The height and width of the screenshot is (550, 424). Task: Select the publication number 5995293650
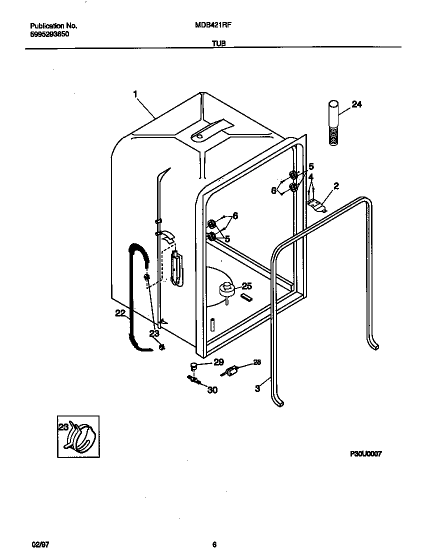[x=49, y=34]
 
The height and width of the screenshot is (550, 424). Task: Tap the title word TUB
[x=218, y=44]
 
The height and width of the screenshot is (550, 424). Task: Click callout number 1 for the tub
[x=135, y=93]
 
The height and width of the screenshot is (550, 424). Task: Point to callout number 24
[x=356, y=104]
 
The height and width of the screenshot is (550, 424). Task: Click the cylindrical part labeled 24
[x=334, y=123]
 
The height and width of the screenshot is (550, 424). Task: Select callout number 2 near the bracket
[x=336, y=186]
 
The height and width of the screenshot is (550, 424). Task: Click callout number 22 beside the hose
[x=120, y=313]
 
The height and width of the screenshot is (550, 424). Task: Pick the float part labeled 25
[x=227, y=289]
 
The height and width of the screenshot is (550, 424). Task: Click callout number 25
[x=246, y=286]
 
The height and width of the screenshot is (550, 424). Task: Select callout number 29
[x=218, y=362]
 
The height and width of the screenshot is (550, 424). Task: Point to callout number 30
[x=212, y=390]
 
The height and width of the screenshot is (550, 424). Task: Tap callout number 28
[x=256, y=362]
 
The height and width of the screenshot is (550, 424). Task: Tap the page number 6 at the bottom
[x=214, y=531]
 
